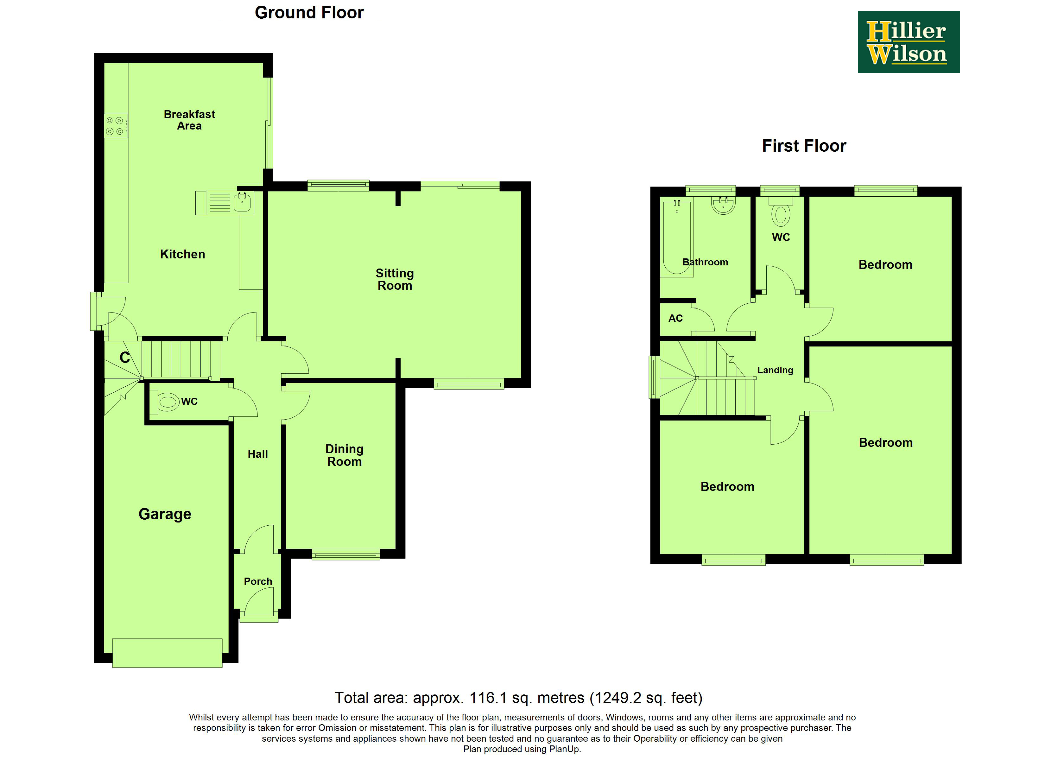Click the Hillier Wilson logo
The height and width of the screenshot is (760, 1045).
(x=908, y=42)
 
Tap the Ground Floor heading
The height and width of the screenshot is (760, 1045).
(x=309, y=12)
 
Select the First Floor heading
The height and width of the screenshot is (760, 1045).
(x=804, y=146)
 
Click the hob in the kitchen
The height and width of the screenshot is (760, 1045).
(x=115, y=126)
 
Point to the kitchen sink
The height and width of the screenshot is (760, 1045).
(x=242, y=202)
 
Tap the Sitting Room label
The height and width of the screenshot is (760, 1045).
(x=395, y=279)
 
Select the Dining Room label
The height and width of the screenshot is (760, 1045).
(x=344, y=455)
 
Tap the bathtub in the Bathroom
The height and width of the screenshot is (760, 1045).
(x=676, y=238)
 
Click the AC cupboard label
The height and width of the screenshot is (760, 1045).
(x=675, y=318)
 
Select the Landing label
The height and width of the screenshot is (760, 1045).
(x=775, y=370)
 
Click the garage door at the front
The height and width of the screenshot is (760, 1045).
(x=167, y=653)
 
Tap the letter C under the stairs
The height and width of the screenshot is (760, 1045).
(x=125, y=357)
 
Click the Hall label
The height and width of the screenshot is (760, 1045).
(x=257, y=454)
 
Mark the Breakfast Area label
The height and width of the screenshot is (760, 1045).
(x=189, y=120)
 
